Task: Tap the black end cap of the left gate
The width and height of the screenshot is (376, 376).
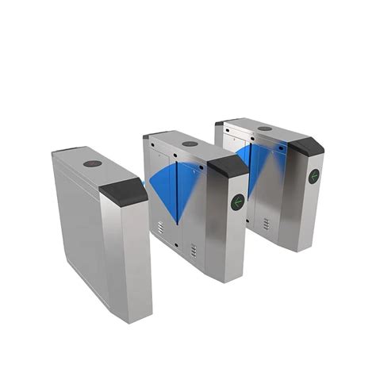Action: coord(123,191)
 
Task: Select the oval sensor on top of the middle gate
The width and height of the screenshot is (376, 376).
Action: coord(190,144)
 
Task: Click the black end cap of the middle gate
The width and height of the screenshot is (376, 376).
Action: coord(228,166)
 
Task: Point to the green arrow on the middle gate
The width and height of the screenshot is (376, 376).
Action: coord(236,201)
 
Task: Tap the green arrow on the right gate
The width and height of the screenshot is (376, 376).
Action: coord(313,176)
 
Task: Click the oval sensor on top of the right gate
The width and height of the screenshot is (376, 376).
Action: coord(265,128)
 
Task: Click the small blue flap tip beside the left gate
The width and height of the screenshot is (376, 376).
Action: coord(145,185)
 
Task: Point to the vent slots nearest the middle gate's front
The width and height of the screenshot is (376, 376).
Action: coord(193,250)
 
